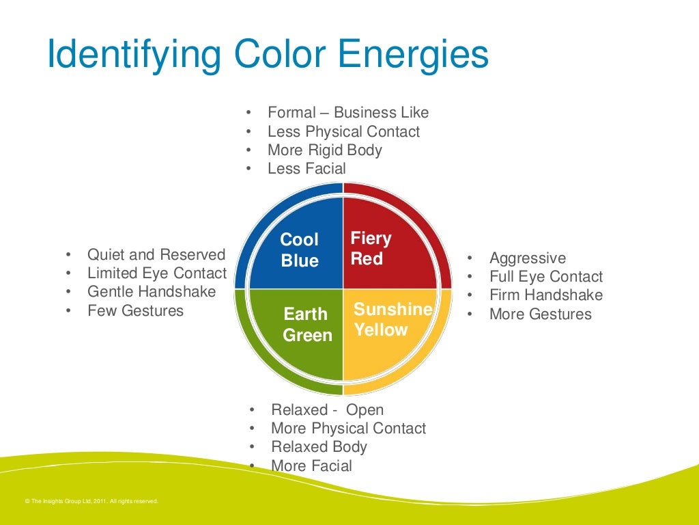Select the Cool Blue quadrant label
click(x=300, y=250)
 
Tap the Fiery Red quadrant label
click(x=371, y=248)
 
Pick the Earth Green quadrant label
click(x=307, y=325)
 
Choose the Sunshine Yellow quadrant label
click(x=393, y=319)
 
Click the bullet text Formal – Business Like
click(x=348, y=113)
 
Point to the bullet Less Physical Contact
click(x=343, y=131)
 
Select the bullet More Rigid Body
click(x=324, y=150)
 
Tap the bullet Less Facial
click(x=306, y=168)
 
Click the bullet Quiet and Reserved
click(x=156, y=255)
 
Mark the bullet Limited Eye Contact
click(x=157, y=273)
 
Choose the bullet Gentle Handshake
click(x=152, y=292)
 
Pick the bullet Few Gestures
click(x=135, y=311)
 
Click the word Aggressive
click(x=528, y=258)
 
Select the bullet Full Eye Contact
click(x=546, y=277)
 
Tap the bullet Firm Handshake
click(x=546, y=295)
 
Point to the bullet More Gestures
click(x=541, y=314)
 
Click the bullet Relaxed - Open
click(x=327, y=410)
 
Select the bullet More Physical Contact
click(x=348, y=429)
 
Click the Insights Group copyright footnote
click(x=91, y=501)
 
